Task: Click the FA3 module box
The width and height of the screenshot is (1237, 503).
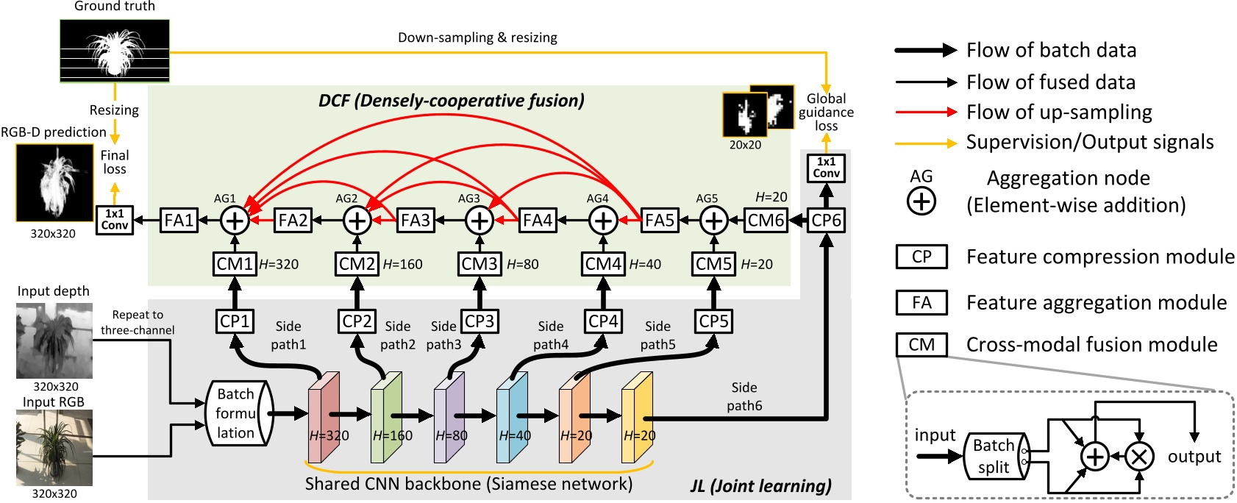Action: tap(416, 220)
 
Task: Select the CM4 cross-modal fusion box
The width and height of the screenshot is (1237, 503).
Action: tap(603, 263)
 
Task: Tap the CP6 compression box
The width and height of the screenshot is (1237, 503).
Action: tap(826, 220)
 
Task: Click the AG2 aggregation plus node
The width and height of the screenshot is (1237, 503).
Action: tap(357, 220)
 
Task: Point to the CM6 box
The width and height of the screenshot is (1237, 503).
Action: tap(766, 220)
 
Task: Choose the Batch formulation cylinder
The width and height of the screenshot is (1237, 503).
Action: tap(237, 413)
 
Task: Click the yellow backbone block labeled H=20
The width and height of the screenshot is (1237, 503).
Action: tap(637, 418)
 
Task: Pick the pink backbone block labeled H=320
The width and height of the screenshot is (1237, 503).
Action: tap(324, 418)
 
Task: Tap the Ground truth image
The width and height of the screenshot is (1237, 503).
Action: tap(114, 50)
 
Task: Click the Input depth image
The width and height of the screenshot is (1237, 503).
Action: tap(54, 340)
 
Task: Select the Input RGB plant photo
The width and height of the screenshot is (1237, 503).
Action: tap(54, 448)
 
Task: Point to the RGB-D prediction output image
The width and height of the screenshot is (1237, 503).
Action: tap(54, 183)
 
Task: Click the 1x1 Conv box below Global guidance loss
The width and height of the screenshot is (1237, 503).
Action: tap(826, 168)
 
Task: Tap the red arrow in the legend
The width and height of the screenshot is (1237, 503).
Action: tap(925, 113)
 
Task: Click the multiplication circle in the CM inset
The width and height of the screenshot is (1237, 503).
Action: tap(1138, 457)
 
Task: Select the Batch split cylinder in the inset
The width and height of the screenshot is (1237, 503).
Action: tap(995, 456)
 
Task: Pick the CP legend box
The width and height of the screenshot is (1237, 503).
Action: tap(921, 257)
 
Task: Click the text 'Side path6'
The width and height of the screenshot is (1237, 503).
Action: tap(744, 396)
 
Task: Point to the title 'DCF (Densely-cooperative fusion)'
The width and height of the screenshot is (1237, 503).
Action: tap(451, 101)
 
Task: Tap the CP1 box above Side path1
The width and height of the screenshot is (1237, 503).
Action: tap(235, 321)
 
